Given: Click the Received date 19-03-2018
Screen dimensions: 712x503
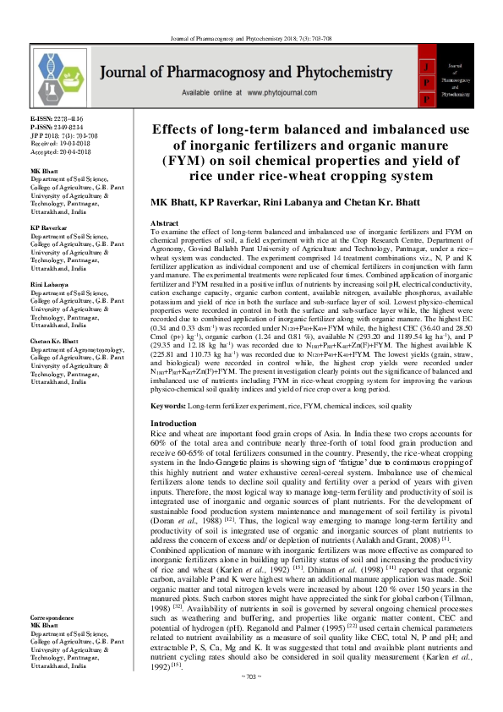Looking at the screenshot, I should coord(52,142).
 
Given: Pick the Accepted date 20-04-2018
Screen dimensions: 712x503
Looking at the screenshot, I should coord(52,149).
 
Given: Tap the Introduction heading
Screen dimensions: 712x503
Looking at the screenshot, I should coord(173,423).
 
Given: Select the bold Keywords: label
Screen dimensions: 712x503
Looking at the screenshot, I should coord(168,407).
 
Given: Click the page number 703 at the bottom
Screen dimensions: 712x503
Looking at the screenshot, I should coord(251,699).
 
